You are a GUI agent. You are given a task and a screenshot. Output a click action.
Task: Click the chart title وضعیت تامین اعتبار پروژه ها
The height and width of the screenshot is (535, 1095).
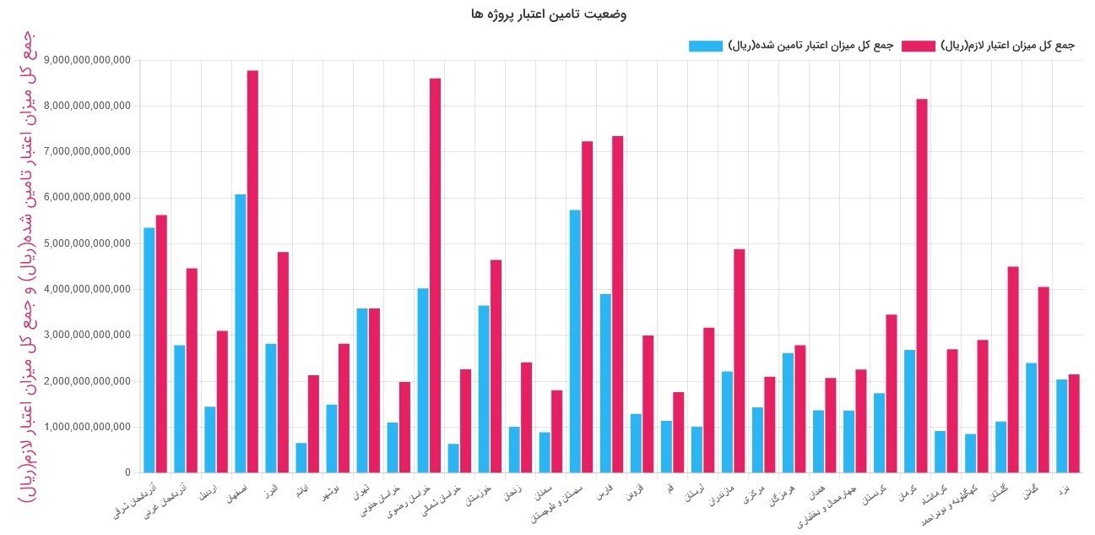[549, 14]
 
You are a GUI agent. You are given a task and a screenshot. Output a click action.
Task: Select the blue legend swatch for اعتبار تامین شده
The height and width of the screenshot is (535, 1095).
[706, 46]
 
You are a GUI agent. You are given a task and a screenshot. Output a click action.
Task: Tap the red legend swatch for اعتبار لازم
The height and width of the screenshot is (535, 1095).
[919, 46]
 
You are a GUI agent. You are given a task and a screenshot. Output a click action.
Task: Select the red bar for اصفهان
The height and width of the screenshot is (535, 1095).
[252, 271]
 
